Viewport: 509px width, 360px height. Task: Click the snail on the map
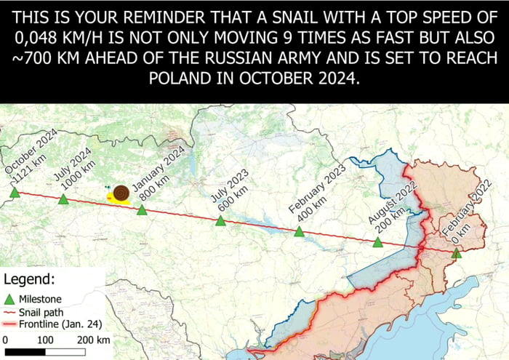tap(119, 193)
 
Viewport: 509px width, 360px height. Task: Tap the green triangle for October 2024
tap(15, 193)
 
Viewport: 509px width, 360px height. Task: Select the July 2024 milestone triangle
tap(64, 199)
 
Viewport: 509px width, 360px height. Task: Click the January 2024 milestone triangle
tap(143, 210)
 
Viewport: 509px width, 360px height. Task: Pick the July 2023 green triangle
tap(220, 220)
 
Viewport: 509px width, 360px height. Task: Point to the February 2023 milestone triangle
tap(299, 232)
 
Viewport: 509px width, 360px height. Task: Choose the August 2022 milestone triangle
tap(377, 242)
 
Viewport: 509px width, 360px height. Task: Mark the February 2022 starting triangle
tap(456, 253)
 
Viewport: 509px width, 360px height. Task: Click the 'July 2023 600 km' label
tap(232, 192)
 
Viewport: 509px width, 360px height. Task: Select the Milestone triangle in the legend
tap(10, 299)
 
